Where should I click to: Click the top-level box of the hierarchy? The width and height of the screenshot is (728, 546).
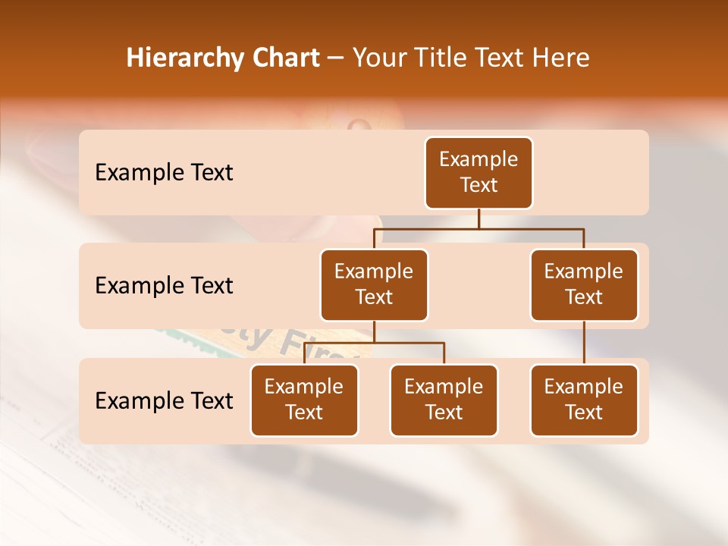[479, 173]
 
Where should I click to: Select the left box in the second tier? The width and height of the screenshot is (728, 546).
[374, 285]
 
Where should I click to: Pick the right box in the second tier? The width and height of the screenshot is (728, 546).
[584, 285]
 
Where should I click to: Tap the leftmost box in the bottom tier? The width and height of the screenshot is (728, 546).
[304, 400]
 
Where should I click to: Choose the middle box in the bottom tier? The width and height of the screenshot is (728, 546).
[444, 400]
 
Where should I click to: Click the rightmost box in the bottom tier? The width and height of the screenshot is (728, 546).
[584, 400]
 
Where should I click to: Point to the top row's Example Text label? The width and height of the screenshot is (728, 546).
[164, 173]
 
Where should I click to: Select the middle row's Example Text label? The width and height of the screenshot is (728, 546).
[164, 286]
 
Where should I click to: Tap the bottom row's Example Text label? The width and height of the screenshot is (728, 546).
[164, 401]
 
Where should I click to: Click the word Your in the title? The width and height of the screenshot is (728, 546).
[378, 58]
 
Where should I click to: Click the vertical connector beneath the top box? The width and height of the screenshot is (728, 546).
[479, 218]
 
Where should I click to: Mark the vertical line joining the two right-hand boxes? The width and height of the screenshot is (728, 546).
[584, 343]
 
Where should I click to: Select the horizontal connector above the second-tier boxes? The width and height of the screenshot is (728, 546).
[479, 228]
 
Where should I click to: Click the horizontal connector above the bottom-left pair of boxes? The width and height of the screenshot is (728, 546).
[374, 343]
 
